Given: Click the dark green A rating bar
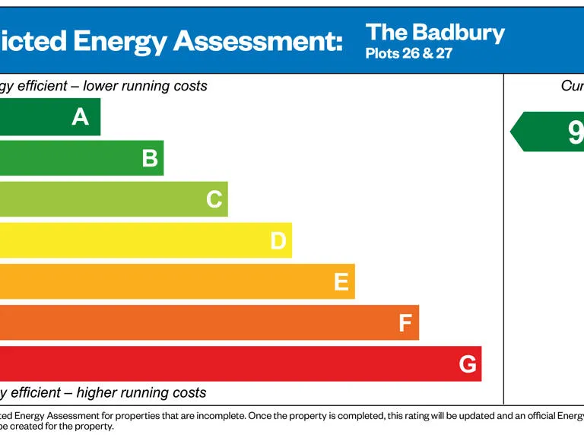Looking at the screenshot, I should (46, 117).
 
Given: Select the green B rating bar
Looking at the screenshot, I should (76, 158).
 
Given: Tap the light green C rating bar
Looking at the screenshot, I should (106, 199).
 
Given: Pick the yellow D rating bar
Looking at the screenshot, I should (137, 240).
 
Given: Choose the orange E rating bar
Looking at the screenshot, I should (167, 281).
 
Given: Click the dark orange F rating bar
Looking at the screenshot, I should (198, 322).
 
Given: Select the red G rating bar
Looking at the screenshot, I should (228, 363).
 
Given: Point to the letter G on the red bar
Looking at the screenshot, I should (468, 364).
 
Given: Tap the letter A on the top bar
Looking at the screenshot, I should (80, 117).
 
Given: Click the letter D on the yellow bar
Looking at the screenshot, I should (278, 241).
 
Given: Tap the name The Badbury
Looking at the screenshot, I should (435, 33).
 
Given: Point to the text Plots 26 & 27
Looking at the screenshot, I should (408, 54).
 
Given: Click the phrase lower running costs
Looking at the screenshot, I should (145, 86).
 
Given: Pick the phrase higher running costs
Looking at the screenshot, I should (141, 392).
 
